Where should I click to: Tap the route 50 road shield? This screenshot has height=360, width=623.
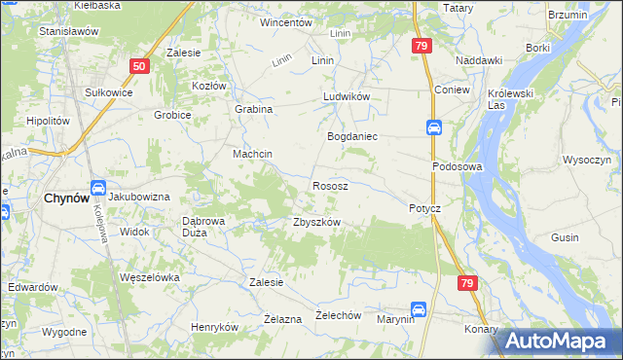[139, 66]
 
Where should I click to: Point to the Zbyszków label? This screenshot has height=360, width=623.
[316, 222]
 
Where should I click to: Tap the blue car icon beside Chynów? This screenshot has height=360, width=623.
[98, 188]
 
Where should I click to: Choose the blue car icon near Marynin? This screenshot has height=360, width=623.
[418, 308]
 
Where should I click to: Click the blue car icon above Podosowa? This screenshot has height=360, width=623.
[434, 127]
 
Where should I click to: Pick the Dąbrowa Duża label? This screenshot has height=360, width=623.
[204, 227]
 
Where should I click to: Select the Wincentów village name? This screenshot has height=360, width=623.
[285, 21]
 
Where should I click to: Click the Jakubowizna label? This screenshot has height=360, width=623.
[139, 197]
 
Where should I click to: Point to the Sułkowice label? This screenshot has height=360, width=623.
[108, 91]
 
